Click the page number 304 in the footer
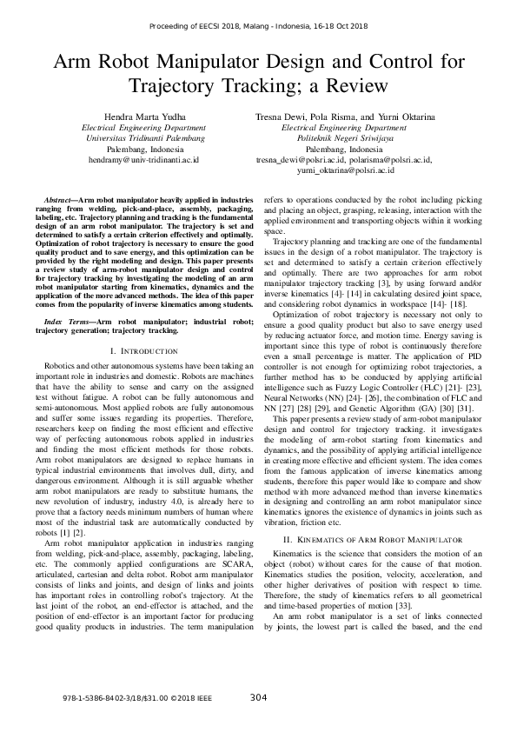[x=258, y=697]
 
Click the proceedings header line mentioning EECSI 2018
[x=258, y=29]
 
